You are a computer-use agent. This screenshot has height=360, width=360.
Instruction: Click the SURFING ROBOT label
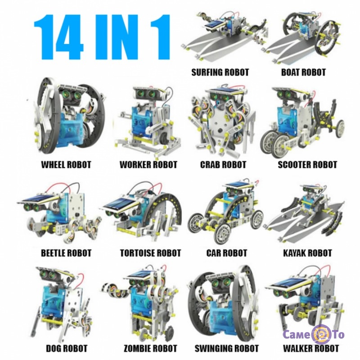220,72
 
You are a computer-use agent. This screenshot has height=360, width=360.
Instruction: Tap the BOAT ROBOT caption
303,72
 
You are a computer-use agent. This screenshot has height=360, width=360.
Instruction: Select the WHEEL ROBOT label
66,165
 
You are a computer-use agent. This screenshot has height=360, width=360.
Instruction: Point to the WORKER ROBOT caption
148,165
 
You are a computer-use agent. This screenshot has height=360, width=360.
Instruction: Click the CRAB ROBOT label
223,165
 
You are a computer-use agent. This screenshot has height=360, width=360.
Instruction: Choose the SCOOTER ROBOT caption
307,165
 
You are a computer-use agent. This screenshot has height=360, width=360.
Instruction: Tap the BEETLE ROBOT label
66,253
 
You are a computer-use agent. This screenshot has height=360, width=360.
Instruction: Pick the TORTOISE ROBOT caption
151,253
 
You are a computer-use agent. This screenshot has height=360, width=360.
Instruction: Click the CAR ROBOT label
227,253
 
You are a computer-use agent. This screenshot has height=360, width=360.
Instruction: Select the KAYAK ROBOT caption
307,253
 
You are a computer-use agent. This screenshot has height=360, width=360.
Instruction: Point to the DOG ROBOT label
67,348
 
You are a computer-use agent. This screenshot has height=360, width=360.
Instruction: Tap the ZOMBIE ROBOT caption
150,348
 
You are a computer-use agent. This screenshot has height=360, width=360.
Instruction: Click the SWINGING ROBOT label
227,348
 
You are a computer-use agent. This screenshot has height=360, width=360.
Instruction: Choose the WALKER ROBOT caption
311,348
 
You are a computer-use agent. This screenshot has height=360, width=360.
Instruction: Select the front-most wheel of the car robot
221,232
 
